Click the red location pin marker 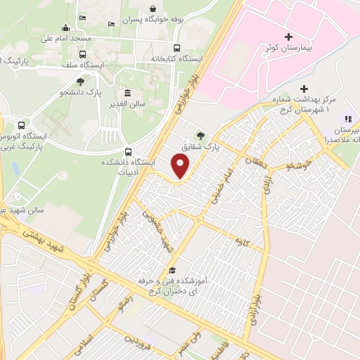(181, 166)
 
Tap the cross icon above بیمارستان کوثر (288, 37)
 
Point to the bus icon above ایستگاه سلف (83, 53)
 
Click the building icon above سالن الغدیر (127, 93)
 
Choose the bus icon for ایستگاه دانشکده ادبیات (127, 151)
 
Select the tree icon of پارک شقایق (202, 136)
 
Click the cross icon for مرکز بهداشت (304, 89)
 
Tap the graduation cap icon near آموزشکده (172, 271)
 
